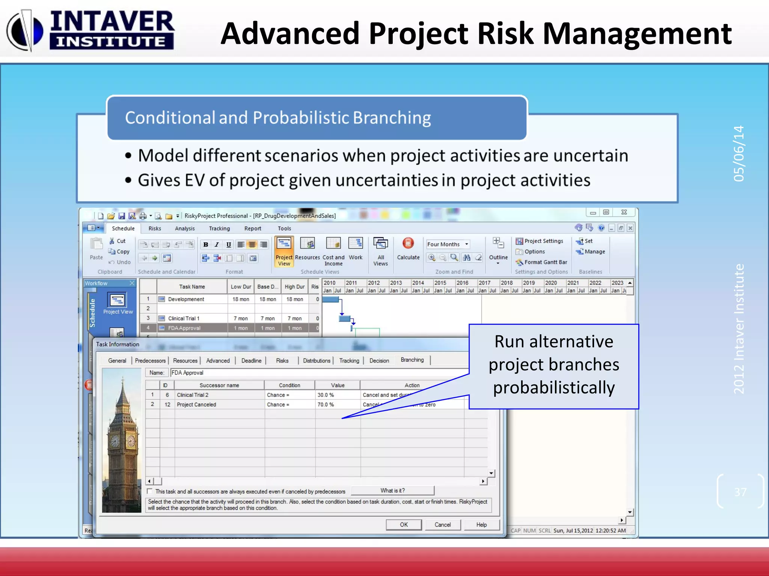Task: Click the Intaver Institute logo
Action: (90, 30)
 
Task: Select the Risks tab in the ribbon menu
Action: (155, 228)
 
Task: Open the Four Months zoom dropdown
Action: (466, 244)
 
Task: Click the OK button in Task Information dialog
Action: (404, 525)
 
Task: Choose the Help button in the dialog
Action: (481, 525)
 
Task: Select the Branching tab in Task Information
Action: (412, 360)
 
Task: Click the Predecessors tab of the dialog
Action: (150, 361)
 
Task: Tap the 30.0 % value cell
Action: (326, 395)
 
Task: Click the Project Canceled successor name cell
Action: (196, 405)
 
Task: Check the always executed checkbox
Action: (150, 491)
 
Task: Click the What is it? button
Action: (392, 490)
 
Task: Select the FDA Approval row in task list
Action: (184, 328)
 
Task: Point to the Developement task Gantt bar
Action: (330, 299)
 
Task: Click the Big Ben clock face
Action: (115, 441)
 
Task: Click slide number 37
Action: (740, 492)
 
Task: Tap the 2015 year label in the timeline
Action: (440, 283)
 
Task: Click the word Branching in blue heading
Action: (392, 118)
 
